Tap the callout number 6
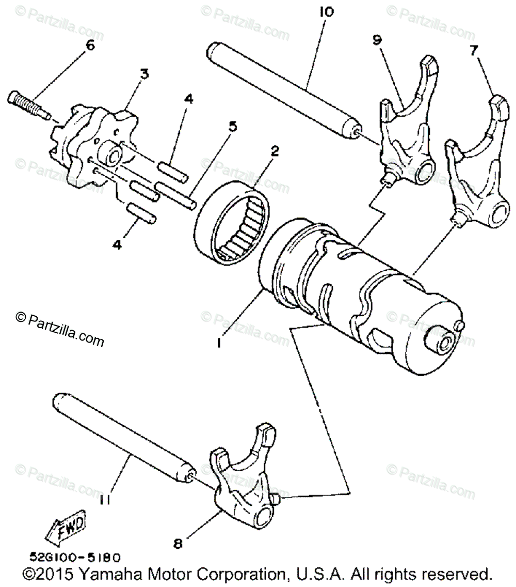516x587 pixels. (x=90, y=45)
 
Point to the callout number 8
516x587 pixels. (x=178, y=543)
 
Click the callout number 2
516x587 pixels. (x=275, y=151)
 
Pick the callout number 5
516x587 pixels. (x=233, y=126)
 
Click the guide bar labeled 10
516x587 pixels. (x=279, y=91)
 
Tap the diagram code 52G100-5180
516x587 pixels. (x=74, y=558)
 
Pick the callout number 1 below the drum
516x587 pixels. (x=219, y=343)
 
